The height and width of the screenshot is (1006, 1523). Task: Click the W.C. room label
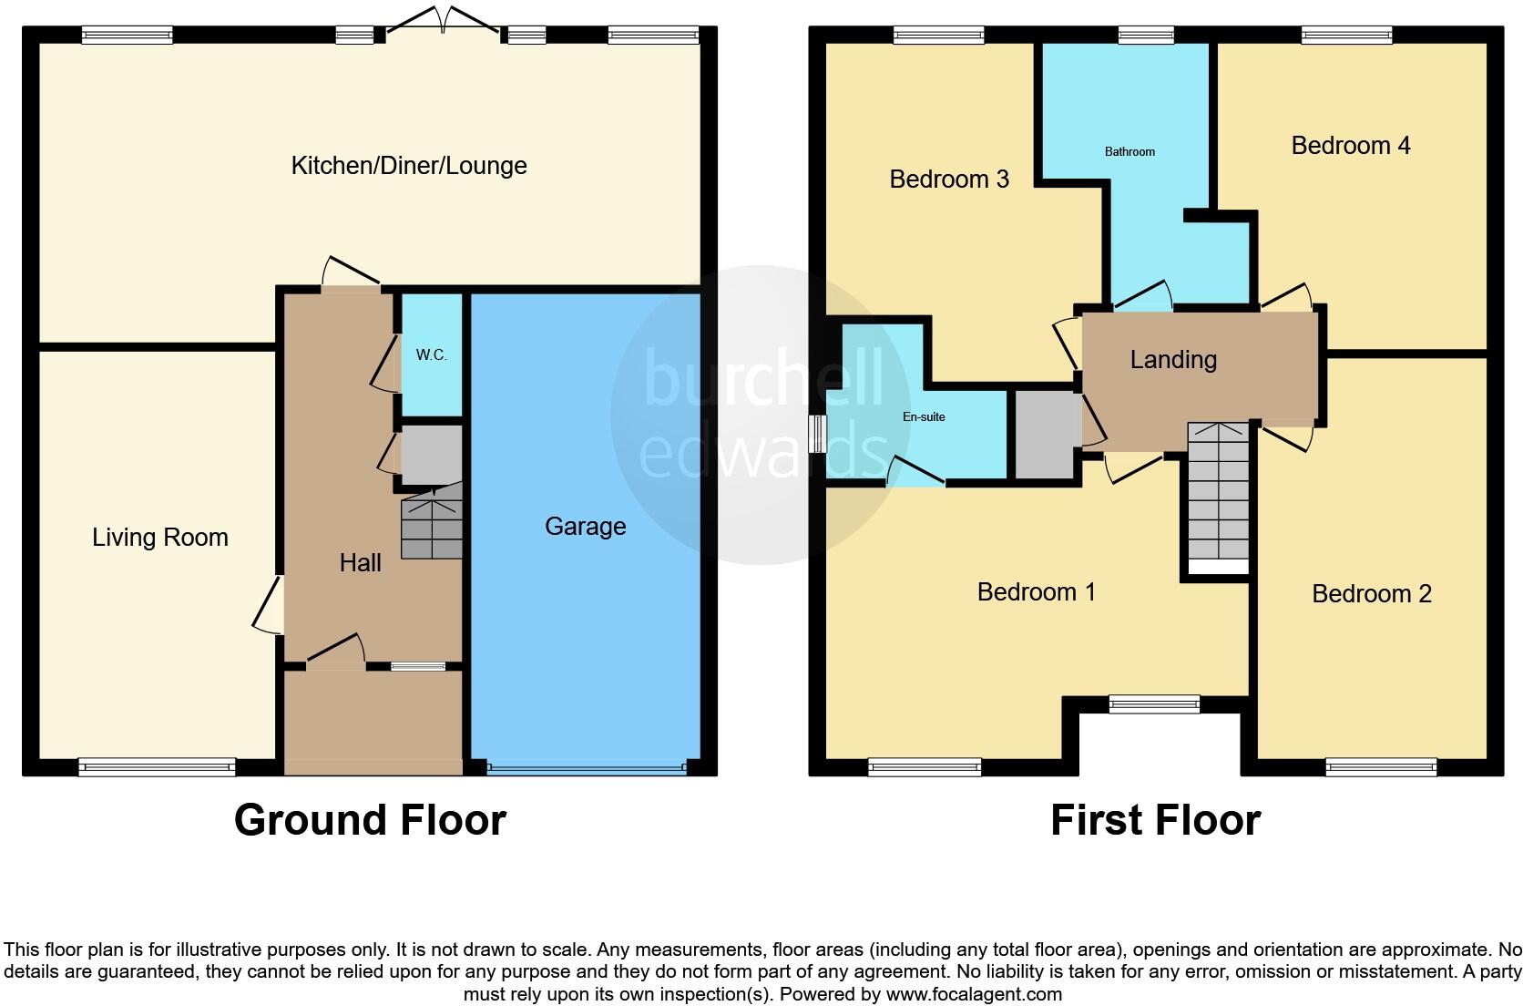(x=431, y=354)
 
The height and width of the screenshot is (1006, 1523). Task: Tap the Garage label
(x=585, y=526)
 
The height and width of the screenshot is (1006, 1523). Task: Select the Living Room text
(x=159, y=537)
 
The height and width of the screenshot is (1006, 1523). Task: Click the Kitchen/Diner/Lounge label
(x=408, y=165)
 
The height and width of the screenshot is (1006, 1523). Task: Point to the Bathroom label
(x=1129, y=151)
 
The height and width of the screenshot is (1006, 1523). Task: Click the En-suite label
(x=923, y=416)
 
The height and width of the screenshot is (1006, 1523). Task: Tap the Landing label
(x=1172, y=359)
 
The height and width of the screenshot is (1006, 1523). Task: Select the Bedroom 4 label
(x=1350, y=145)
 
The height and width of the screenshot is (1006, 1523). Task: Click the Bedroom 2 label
(x=1371, y=593)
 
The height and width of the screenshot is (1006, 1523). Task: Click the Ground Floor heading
(x=369, y=819)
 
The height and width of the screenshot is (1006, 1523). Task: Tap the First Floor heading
(x=1154, y=819)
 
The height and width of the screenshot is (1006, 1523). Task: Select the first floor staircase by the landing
(x=1218, y=496)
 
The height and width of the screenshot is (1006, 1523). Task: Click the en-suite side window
(x=817, y=434)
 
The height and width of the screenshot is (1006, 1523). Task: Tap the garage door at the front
(x=586, y=768)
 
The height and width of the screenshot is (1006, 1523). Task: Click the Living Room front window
(x=157, y=767)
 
